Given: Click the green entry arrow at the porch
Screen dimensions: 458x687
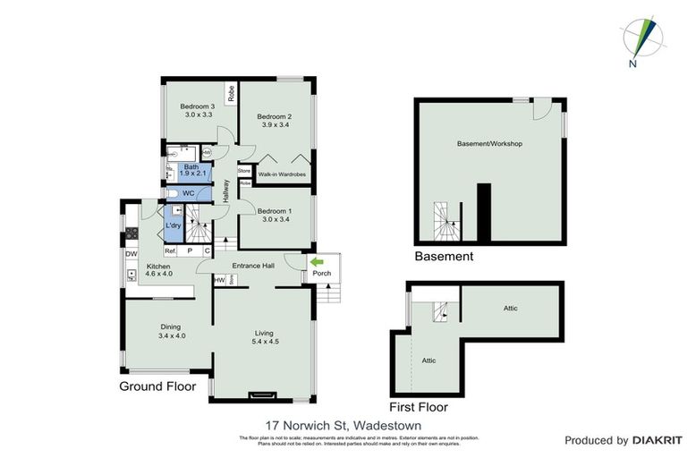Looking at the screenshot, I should click(316, 261).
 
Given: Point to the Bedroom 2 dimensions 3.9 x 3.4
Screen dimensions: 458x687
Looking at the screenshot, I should click(276, 125).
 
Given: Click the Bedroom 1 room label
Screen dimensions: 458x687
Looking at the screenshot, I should click(276, 211).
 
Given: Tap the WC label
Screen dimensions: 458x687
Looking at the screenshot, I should click(188, 193).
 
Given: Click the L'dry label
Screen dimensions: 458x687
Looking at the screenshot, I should click(174, 226).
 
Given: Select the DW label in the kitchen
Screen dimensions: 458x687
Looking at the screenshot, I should click(131, 254).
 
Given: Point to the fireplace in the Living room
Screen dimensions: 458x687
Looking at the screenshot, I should click(262, 392).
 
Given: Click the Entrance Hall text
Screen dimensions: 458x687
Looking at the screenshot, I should click(252, 266).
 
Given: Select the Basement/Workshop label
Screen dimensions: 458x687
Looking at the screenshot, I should click(489, 143).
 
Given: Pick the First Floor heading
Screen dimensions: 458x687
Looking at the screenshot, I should click(416, 392).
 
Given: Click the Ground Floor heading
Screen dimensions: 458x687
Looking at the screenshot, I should click(158, 386).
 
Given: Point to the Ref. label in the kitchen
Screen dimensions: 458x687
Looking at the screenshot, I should click(168, 250).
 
